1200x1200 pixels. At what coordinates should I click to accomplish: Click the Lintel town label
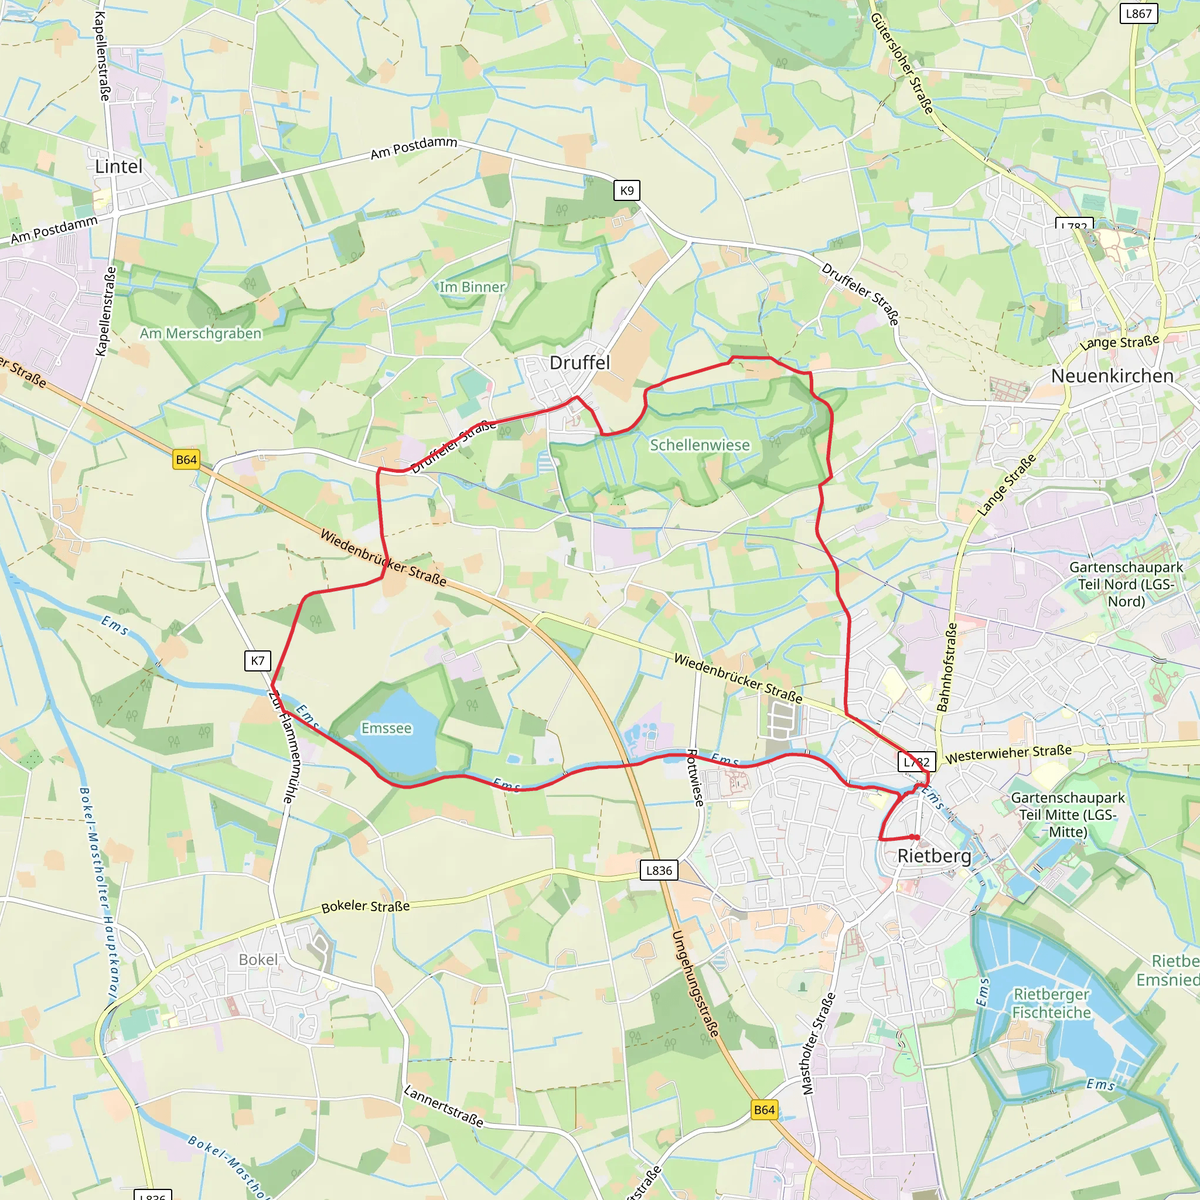click(x=118, y=166)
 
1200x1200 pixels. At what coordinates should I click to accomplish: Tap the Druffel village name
click(x=579, y=363)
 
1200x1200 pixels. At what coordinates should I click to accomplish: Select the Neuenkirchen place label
click(x=1112, y=376)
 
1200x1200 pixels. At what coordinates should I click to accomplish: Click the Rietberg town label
click(x=934, y=856)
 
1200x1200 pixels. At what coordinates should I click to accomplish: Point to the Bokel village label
click(x=258, y=960)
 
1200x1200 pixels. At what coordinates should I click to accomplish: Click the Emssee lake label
click(x=386, y=728)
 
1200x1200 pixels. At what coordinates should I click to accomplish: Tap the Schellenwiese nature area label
click(x=700, y=445)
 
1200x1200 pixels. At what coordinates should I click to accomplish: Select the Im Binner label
click(x=472, y=287)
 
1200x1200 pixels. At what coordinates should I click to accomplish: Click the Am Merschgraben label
click(x=200, y=333)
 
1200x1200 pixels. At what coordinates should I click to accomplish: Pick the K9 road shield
click(x=627, y=190)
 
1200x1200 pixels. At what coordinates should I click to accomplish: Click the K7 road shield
click(x=258, y=661)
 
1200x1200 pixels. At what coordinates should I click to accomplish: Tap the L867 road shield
click(x=1138, y=13)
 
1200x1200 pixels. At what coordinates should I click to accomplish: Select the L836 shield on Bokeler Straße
click(x=659, y=870)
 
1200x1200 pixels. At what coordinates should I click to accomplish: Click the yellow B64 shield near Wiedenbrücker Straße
click(x=186, y=459)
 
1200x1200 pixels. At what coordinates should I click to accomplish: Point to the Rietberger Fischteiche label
click(x=1051, y=1003)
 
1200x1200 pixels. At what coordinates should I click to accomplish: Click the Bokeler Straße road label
click(x=365, y=906)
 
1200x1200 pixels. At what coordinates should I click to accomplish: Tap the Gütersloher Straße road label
click(x=902, y=63)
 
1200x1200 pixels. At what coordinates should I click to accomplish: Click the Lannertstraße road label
click(x=443, y=1106)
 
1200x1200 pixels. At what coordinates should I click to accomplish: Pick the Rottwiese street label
click(x=695, y=778)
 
